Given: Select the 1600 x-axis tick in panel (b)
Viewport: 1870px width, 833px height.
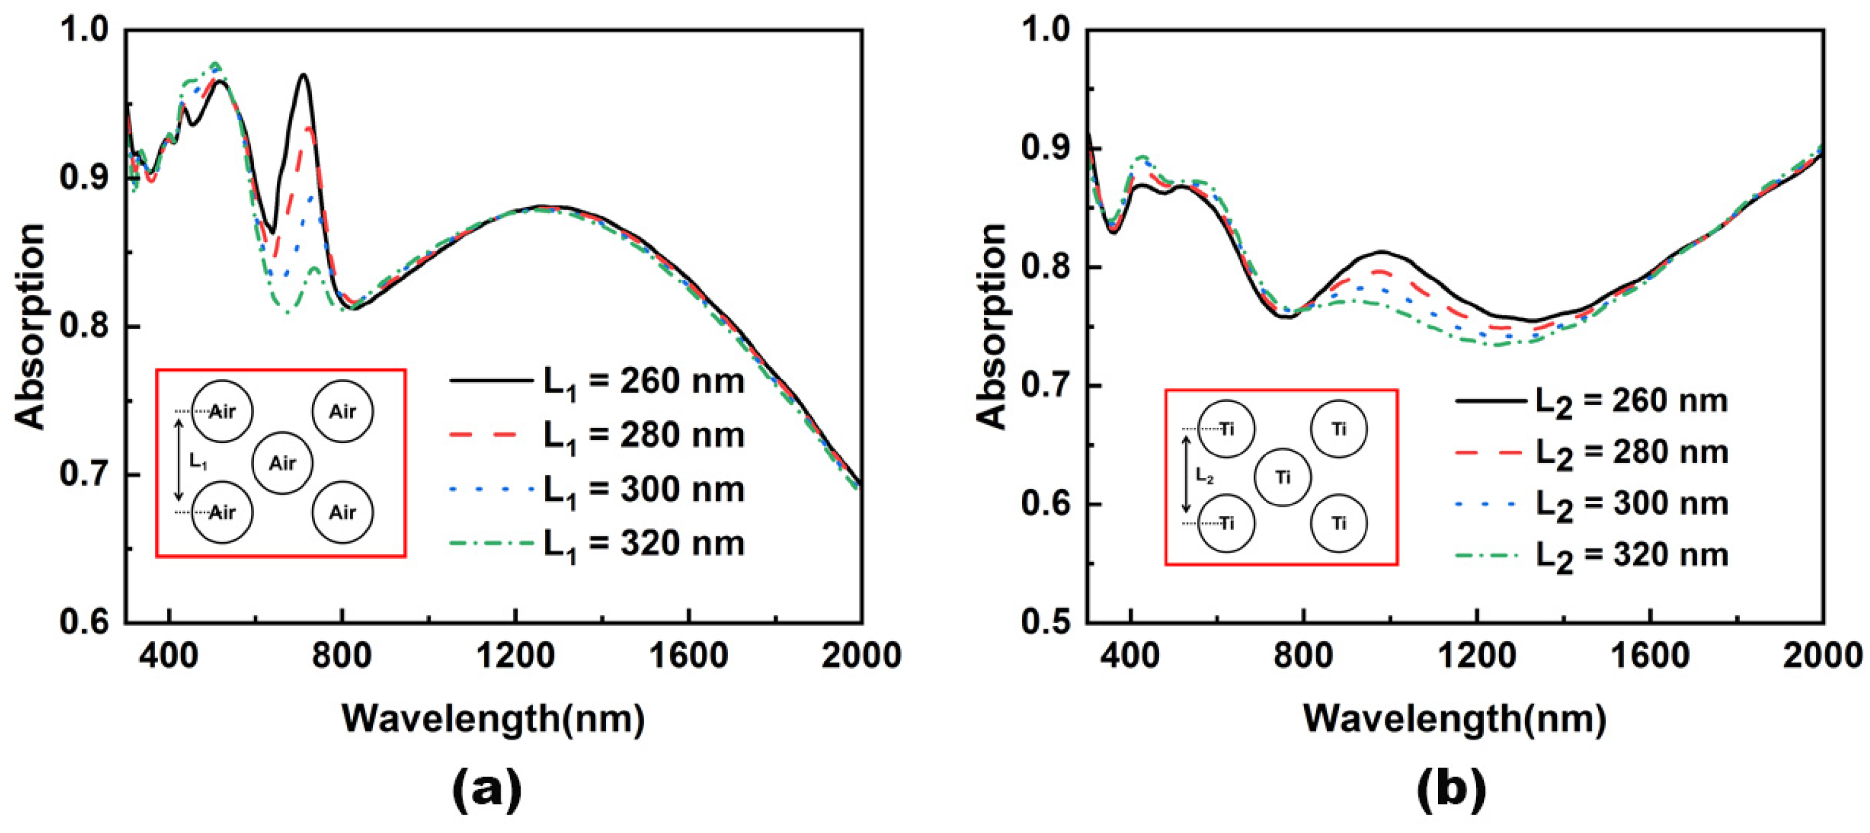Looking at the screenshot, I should [1650, 656].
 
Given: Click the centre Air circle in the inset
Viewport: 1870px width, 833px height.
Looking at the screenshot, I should [283, 463].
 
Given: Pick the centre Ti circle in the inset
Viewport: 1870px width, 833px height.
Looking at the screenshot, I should [1282, 477].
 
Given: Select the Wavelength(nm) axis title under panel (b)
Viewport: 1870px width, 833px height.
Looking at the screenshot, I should [1455, 718].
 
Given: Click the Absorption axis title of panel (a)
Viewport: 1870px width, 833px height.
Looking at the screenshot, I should [30, 326].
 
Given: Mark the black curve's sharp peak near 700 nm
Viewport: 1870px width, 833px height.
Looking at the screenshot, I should [304, 76].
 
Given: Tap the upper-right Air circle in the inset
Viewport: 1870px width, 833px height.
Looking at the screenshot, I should [342, 411].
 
